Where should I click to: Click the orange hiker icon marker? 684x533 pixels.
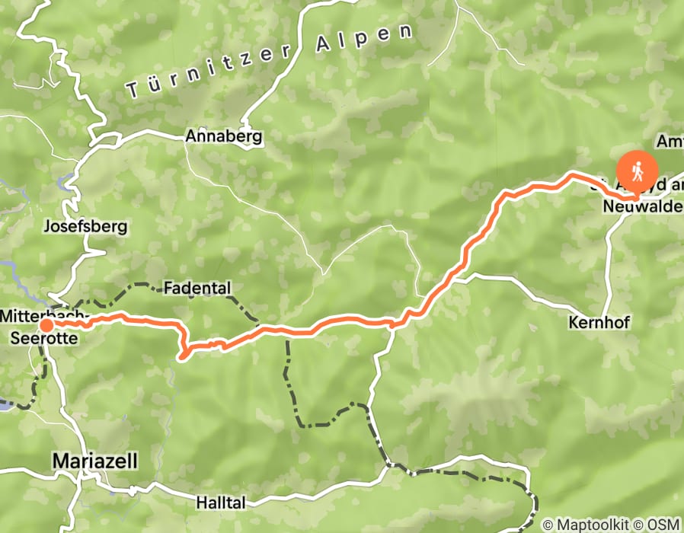click(637, 168)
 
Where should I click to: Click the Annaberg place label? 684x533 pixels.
click(224, 138)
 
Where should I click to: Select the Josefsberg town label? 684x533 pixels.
click(85, 227)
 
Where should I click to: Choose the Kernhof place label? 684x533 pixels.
click(598, 323)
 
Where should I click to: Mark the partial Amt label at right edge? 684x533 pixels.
click(670, 142)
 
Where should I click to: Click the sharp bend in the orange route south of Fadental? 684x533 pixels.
click(182, 352)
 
